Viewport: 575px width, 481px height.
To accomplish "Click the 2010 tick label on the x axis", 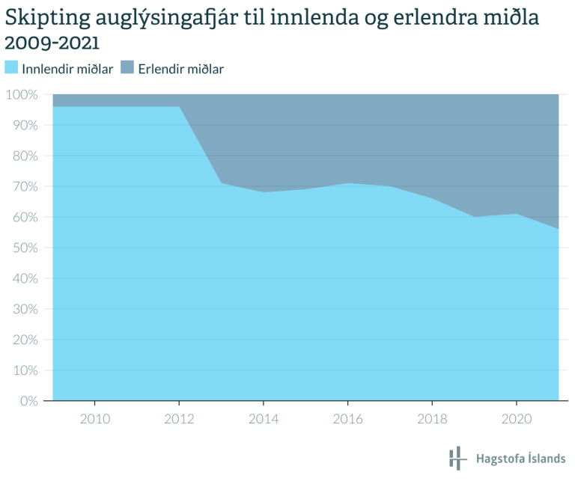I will pos(94,419).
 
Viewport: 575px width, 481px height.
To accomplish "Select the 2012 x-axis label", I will pos(179,419).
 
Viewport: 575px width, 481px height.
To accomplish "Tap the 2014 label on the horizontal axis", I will pos(264,419).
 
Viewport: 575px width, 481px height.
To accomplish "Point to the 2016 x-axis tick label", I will pos(347,419).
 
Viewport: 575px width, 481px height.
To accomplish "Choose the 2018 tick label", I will pos(432,419).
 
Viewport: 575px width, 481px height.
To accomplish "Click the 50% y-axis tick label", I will pos(24,248).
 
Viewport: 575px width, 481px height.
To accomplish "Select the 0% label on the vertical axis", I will pos(28,401).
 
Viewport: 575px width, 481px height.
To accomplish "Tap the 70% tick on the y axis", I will pos(24,187).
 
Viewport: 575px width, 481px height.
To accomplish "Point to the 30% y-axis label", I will pos(24,309).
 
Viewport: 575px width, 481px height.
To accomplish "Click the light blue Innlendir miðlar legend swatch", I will pos(11,68).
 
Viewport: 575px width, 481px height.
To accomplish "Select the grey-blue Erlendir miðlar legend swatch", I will pos(127,68).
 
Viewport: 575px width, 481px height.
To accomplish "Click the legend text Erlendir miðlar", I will pos(181,69).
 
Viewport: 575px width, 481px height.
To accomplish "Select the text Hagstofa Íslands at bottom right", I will pos(521,459).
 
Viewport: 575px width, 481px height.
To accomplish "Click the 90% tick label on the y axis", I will pos(24,126).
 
